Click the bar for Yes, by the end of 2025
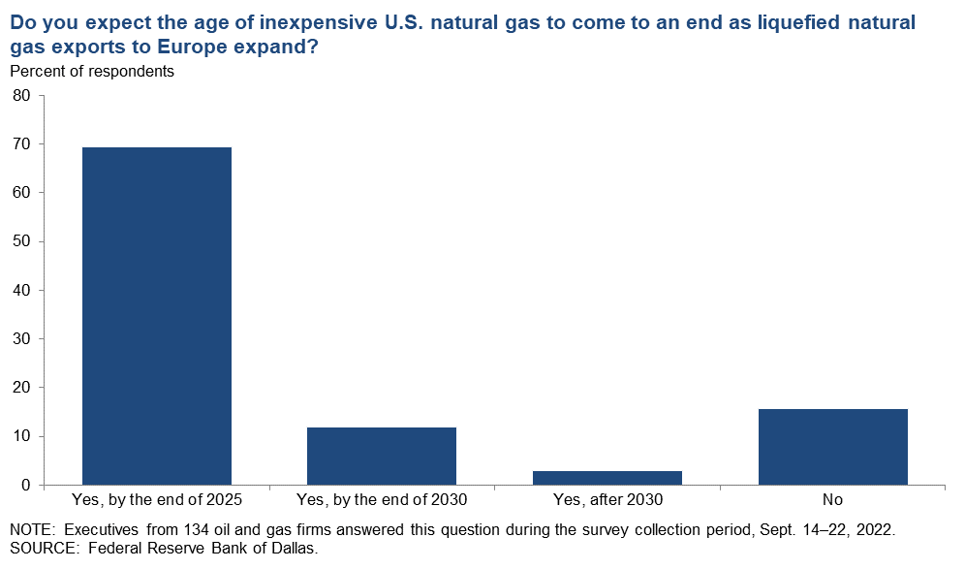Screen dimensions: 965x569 point(157,316)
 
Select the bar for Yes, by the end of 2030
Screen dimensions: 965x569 point(382,457)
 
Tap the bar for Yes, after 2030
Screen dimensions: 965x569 point(607,478)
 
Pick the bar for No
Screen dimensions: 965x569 point(832,447)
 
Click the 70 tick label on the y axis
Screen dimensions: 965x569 point(21,144)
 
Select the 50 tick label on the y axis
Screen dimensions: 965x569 point(21,241)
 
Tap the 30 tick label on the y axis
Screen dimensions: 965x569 point(21,338)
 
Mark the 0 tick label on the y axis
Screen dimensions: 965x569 point(26,486)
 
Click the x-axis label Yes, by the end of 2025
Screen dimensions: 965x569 point(157,499)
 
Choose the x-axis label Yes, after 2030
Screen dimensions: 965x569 point(607,499)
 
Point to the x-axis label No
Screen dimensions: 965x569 point(832,499)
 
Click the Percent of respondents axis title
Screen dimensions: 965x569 point(92,72)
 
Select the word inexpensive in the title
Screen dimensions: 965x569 point(318,23)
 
